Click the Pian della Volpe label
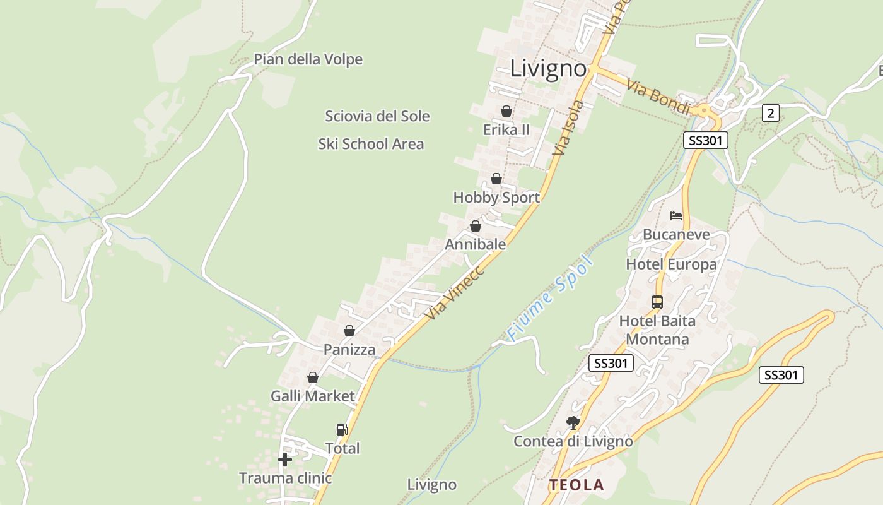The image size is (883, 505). (x=308, y=59)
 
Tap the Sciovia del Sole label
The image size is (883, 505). (x=377, y=116)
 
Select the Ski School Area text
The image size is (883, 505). (x=371, y=144)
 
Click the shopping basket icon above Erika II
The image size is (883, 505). (x=506, y=111)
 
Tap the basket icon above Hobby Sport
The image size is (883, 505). (x=496, y=179)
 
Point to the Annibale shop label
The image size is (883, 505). (x=476, y=244)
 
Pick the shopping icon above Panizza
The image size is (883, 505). (x=349, y=331)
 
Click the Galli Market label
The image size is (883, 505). (x=313, y=396)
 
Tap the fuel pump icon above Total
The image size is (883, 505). (x=342, y=430)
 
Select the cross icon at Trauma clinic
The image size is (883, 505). (x=285, y=460)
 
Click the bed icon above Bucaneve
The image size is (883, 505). (x=676, y=216)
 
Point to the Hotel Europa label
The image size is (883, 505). (x=671, y=264)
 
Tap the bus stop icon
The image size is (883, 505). (x=657, y=302)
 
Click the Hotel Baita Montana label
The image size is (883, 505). (x=657, y=330)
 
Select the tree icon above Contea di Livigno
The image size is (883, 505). (x=573, y=422)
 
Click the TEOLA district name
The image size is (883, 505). (x=576, y=485)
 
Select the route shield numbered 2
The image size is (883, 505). (x=770, y=113)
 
